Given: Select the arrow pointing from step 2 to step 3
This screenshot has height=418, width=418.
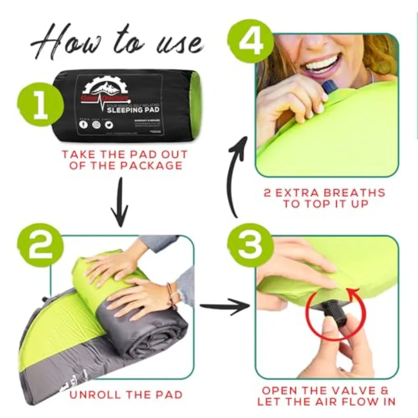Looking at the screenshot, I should (225, 307).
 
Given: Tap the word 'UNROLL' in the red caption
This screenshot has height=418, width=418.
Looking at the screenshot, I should (96, 395).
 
